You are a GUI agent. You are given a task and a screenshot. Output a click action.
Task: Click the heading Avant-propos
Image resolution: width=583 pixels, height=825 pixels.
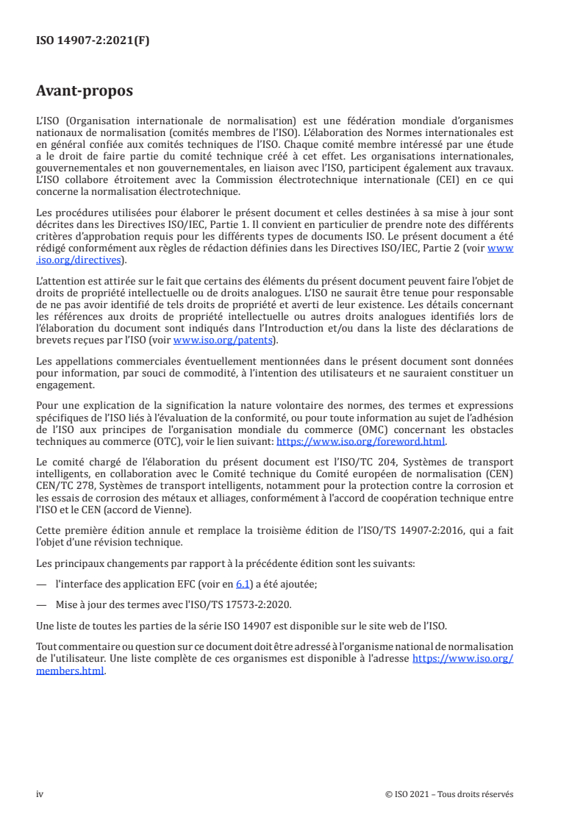tap(85, 91)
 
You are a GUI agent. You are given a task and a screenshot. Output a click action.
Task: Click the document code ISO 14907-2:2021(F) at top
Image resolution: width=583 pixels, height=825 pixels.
tap(93, 41)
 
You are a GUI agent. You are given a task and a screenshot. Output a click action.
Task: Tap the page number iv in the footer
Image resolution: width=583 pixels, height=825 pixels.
tap(40, 794)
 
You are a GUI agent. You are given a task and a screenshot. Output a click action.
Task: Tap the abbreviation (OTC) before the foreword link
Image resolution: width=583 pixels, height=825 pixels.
tap(141, 442)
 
